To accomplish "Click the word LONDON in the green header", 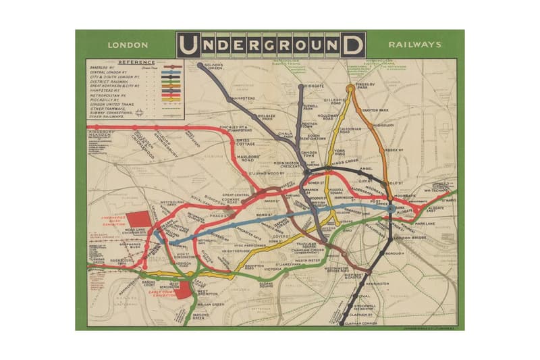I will tap(127, 46).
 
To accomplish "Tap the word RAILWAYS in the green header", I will tap(414, 45).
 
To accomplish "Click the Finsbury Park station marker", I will tap(350, 88).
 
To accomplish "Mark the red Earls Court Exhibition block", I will tap(182, 290).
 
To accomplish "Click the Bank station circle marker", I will tap(391, 210).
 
